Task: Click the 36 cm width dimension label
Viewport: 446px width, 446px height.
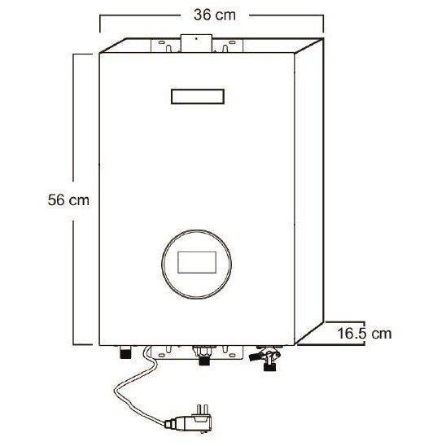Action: click(215, 15)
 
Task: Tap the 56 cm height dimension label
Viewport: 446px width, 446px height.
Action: click(68, 199)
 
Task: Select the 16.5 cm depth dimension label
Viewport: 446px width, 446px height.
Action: click(365, 333)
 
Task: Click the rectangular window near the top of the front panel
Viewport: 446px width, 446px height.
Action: click(198, 96)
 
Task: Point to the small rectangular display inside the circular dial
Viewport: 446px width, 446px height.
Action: click(197, 262)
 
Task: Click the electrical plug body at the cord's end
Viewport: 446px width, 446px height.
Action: click(194, 423)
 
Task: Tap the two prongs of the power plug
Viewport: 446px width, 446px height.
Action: click(201, 409)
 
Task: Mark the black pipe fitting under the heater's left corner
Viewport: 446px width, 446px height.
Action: click(125, 352)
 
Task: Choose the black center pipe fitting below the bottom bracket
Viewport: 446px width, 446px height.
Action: click(204, 361)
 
